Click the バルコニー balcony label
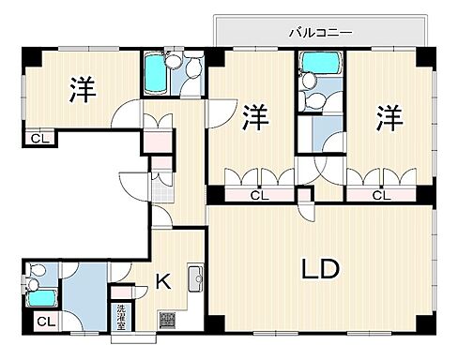[x=321, y=32]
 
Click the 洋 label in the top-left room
[x=84, y=90]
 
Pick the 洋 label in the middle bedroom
[x=254, y=117]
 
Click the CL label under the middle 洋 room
[x=258, y=196]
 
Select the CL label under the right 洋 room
[x=380, y=196]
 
